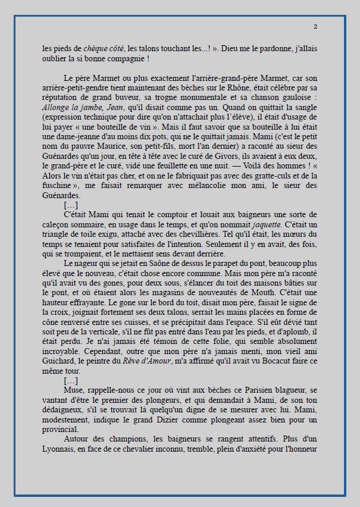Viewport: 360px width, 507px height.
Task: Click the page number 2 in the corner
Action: click(x=315, y=27)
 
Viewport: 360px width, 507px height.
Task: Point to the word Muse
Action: click(x=74, y=390)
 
